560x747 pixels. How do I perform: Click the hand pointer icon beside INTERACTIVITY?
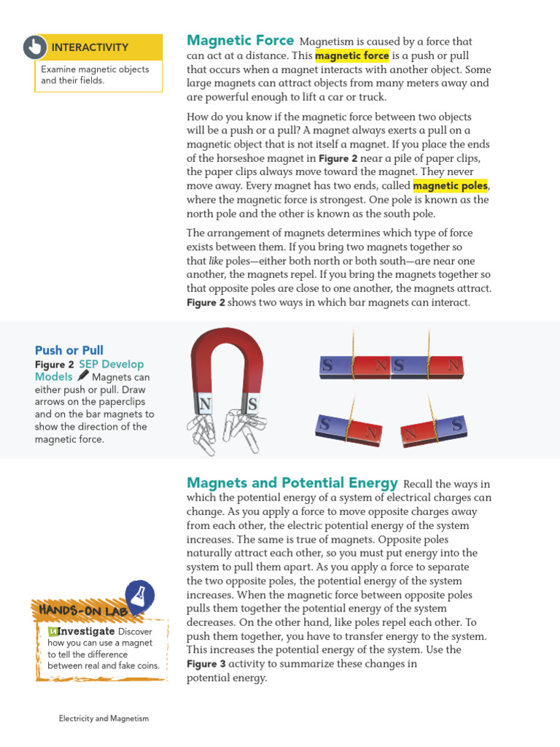pyautogui.click(x=34, y=47)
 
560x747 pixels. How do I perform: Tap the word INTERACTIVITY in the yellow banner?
pyautogui.click(x=90, y=47)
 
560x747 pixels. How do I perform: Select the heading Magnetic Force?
pyautogui.click(x=241, y=41)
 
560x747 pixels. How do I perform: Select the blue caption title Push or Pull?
pyautogui.click(x=69, y=350)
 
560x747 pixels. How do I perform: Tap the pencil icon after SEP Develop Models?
pyautogui.click(x=82, y=376)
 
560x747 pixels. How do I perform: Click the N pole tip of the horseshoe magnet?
pyautogui.click(x=205, y=404)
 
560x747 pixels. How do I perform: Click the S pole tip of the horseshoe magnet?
pyautogui.click(x=252, y=403)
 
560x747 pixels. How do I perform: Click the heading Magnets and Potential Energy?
pyautogui.click(x=292, y=483)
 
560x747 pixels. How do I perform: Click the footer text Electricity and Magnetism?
pyautogui.click(x=104, y=719)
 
